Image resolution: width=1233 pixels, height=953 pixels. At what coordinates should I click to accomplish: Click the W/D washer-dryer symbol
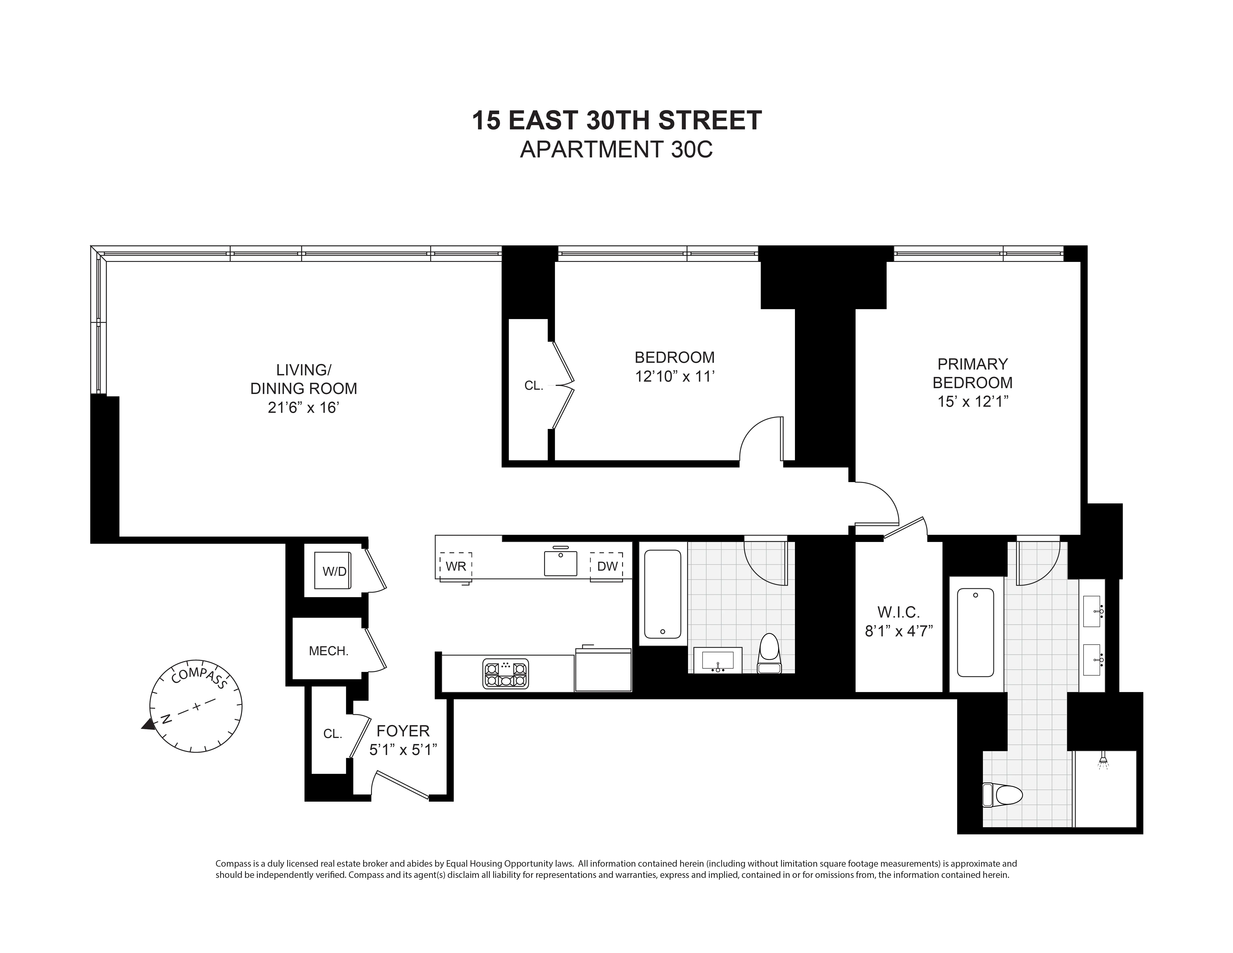click(x=334, y=571)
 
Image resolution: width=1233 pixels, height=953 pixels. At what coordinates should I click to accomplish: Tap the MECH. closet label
click(x=329, y=651)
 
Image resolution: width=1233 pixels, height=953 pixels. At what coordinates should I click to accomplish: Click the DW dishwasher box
click(x=607, y=566)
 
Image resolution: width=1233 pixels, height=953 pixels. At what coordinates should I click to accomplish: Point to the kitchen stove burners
click(x=506, y=674)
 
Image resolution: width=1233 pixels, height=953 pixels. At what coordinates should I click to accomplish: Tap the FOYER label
click(x=403, y=731)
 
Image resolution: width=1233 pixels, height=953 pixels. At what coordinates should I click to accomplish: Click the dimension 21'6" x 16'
click(x=303, y=408)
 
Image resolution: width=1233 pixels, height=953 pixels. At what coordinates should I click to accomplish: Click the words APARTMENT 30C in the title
click(x=616, y=150)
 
